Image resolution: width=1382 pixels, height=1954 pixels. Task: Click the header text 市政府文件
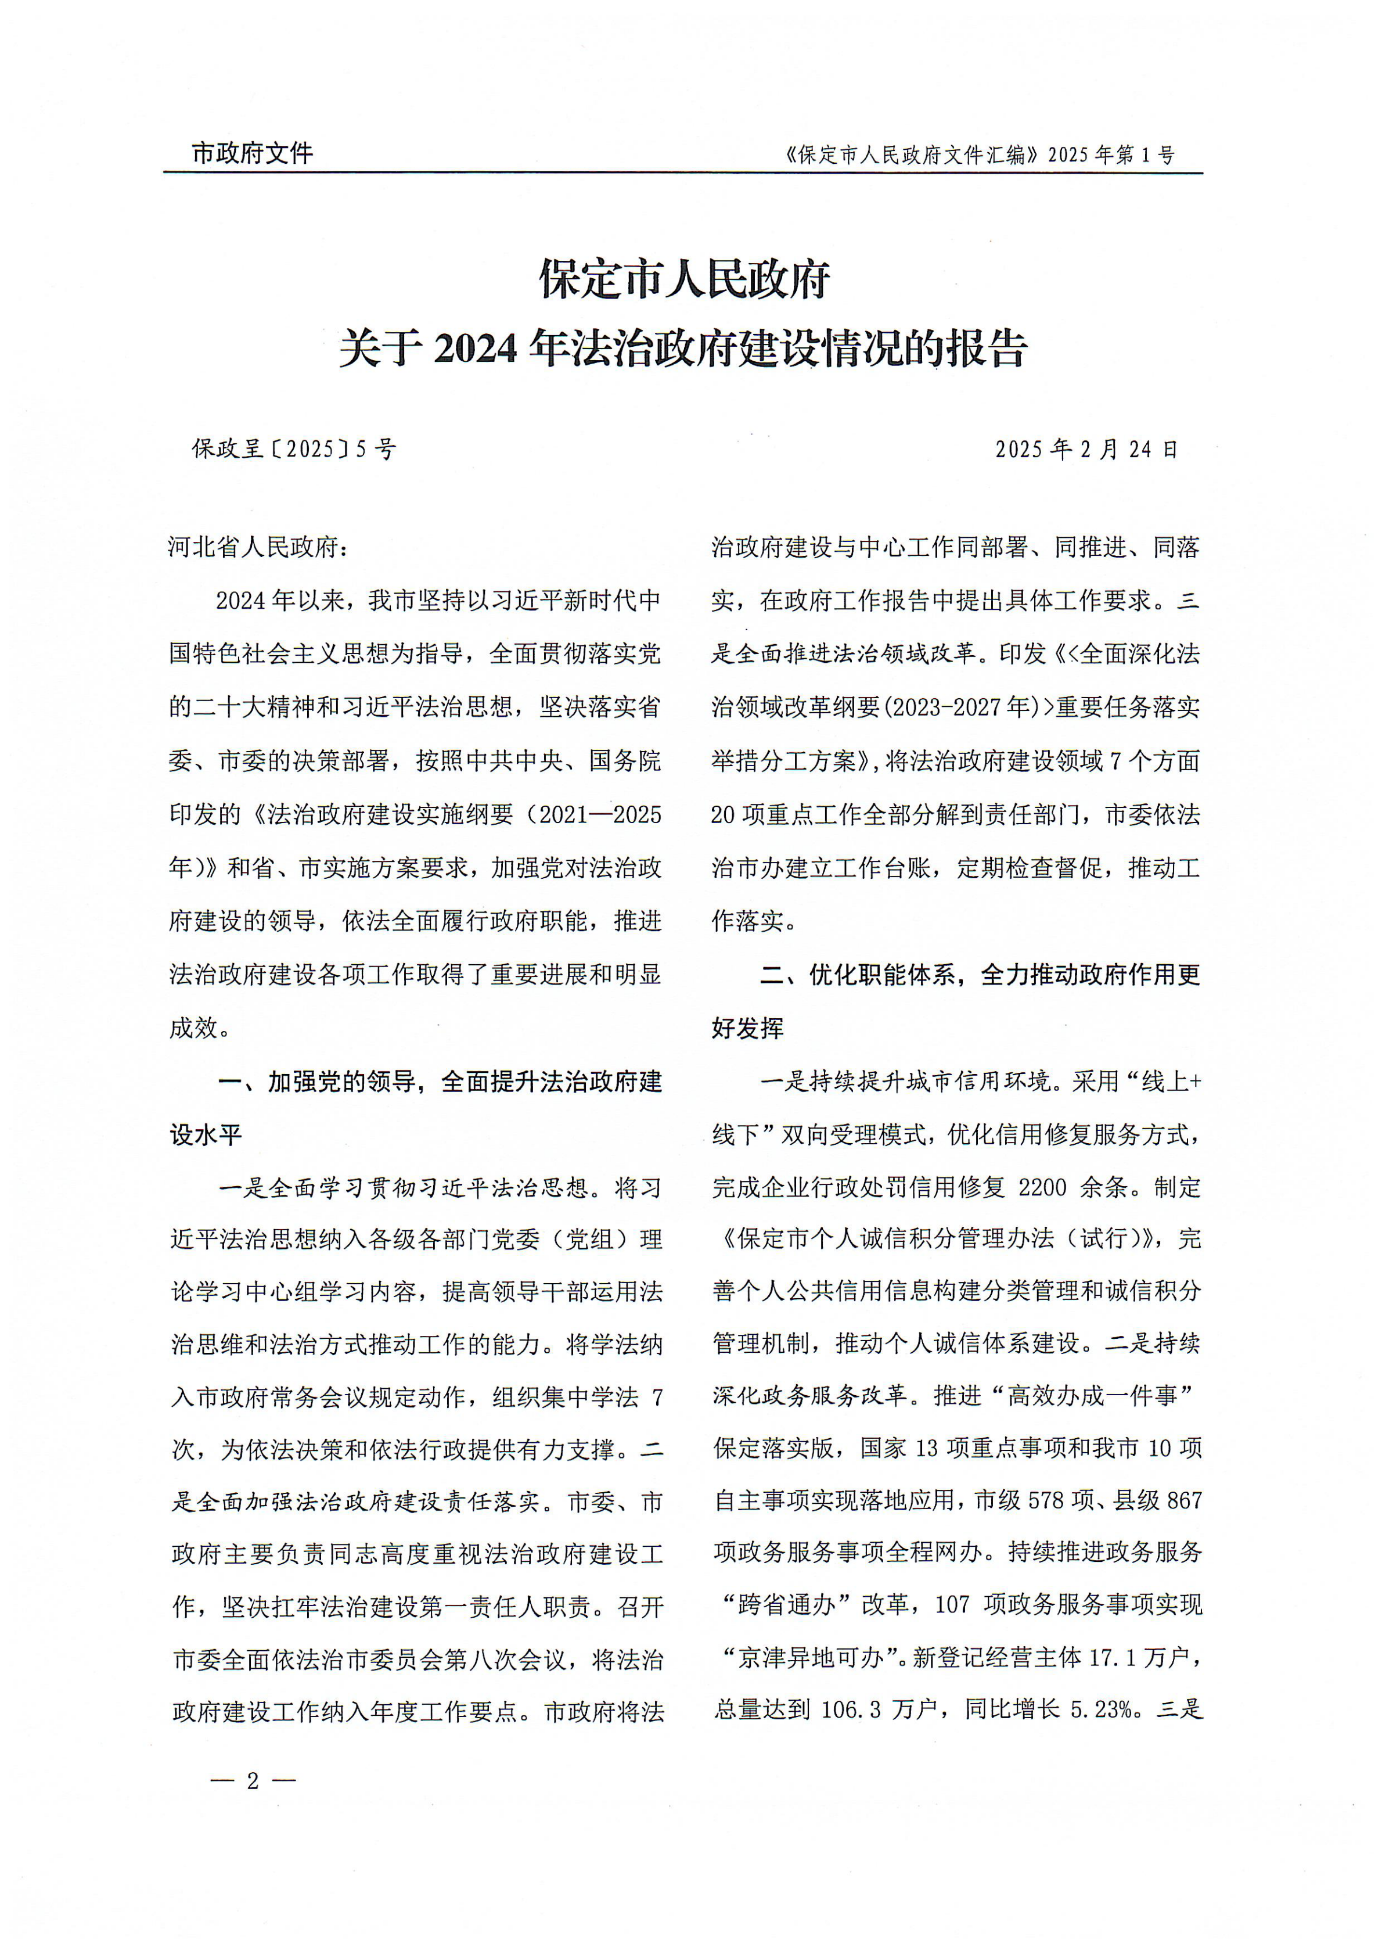click(x=252, y=153)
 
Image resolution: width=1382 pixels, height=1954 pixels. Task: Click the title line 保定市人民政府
click(x=685, y=279)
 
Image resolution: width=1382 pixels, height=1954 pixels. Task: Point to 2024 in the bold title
click(x=476, y=348)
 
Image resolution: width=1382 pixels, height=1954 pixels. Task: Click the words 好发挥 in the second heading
click(x=747, y=1028)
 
